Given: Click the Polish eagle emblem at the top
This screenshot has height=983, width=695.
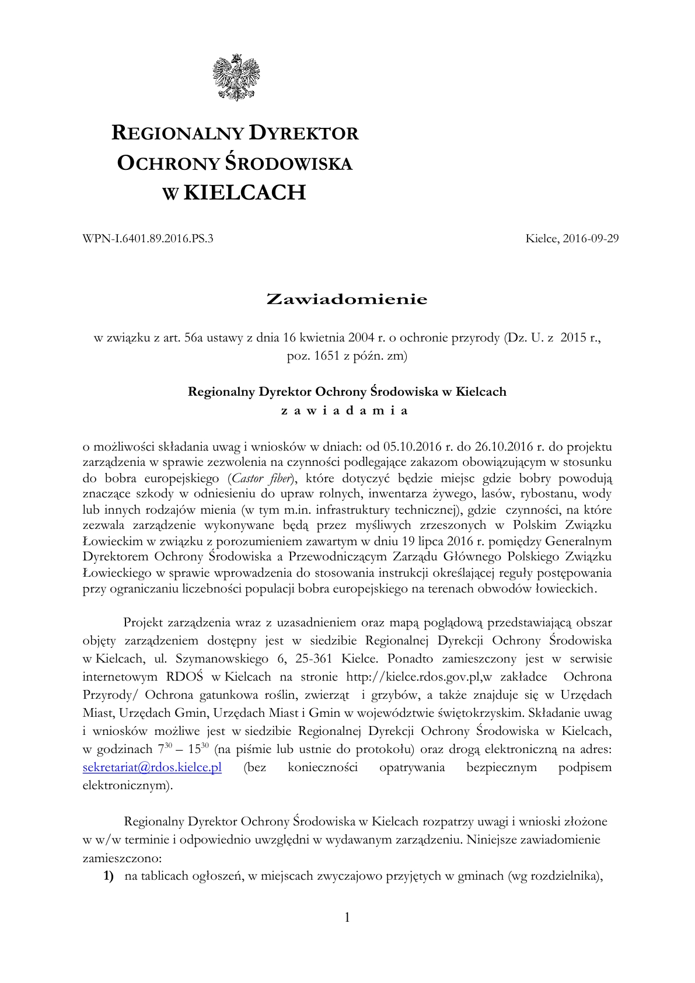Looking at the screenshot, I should click(237, 77).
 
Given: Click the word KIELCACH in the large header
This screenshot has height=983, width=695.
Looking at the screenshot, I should click(245, 192).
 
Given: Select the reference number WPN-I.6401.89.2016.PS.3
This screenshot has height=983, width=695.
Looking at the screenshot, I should click(149, 238).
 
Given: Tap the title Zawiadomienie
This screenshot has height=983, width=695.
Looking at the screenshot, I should click(347, 299).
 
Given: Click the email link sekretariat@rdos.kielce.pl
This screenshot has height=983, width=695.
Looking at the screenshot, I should click(152, 767).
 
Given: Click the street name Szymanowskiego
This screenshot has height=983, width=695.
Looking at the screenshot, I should click(218, 659).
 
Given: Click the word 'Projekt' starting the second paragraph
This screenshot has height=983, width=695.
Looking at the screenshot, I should click(143, 623).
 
